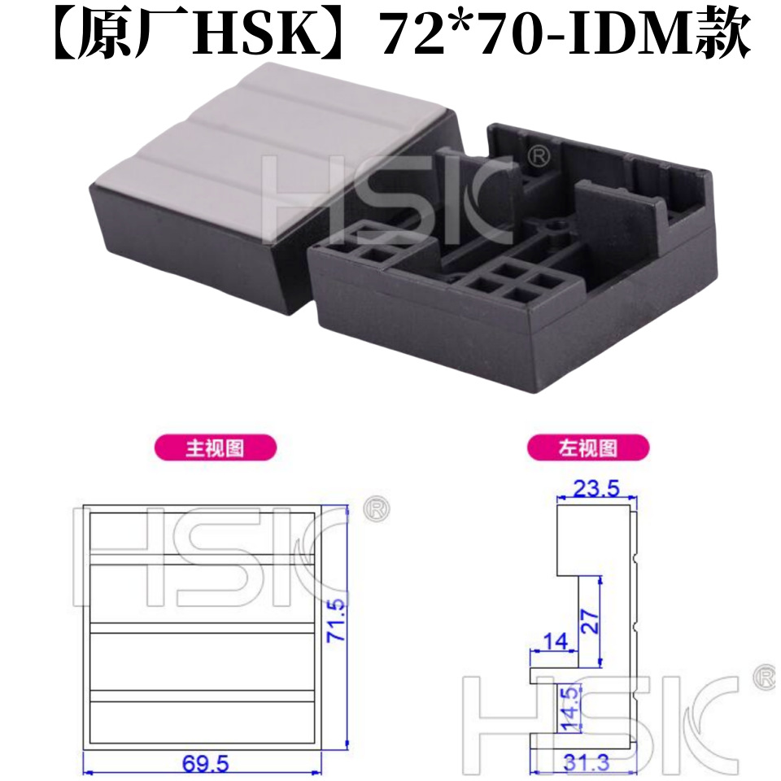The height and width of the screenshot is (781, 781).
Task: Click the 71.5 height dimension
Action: click(x=336, y=621)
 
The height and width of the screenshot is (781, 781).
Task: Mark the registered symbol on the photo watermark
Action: click(x=539, y=155)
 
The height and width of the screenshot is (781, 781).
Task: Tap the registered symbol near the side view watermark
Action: click(x=765, y=678)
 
